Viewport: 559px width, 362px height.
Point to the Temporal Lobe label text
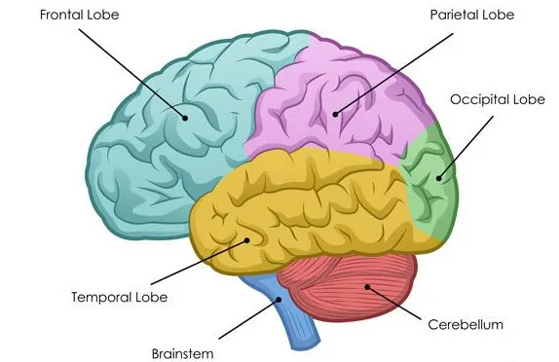(x=120, y=296)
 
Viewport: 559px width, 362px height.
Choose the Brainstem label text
(x=182, y=351)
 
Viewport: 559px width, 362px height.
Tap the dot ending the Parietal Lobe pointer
(x=336, y=115)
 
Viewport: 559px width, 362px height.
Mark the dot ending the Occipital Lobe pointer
(x=439, y=177)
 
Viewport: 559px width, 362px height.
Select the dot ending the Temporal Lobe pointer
(x=247, y=240)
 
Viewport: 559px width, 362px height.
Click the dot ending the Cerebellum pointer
(x=368, y=286)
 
